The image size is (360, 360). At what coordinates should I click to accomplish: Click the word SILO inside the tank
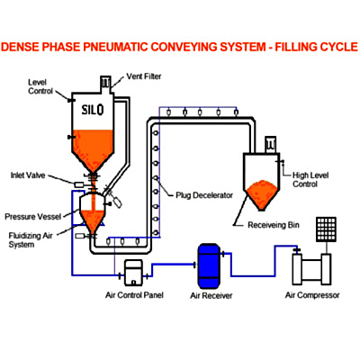coord(93,110)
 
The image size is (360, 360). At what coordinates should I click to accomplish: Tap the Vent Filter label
coord(144,76)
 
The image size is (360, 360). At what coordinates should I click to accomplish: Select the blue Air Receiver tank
coord(209,266)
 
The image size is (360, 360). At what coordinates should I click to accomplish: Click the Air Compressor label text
coord(312,295)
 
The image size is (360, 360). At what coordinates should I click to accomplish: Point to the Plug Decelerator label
coord(204,195)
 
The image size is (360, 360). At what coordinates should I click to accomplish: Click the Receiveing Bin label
coord(274,225)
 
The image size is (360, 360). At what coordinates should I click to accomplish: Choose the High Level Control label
coord(310,180)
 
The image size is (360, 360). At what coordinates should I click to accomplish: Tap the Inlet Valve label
coord(28,175)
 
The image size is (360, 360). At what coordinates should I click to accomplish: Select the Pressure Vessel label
coord(33,217)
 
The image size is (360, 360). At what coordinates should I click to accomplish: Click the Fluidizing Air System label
coord(31,240)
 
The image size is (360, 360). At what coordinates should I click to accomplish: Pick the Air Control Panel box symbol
coord(133,273)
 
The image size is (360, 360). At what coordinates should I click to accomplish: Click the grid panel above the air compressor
coord(326,229)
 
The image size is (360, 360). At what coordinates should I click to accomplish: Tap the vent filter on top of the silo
coord(105,84)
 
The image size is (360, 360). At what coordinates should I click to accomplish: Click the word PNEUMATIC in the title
coord(115,47)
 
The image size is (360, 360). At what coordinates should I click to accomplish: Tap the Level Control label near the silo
coord(40,86)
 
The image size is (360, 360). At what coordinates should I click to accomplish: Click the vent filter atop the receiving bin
coord(270,145)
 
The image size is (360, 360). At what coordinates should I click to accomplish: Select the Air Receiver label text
coord(211,296)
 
